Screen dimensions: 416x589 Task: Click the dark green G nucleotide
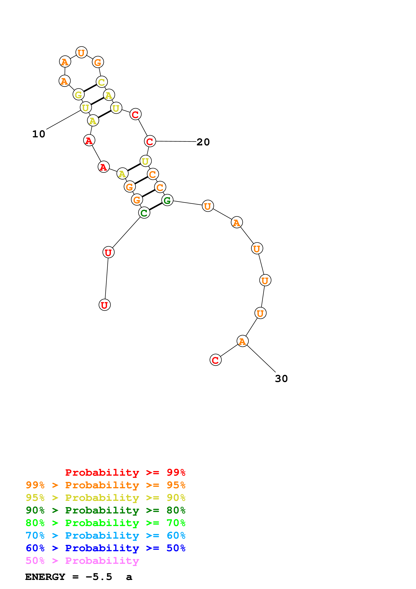pos(167,200)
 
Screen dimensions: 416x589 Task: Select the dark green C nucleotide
pos(144,213)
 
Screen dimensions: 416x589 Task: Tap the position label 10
pos(39,134)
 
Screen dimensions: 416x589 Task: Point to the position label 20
pos(203,142)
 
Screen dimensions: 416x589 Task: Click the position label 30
pos(281,379)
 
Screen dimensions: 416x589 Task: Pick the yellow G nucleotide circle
pos(78,95)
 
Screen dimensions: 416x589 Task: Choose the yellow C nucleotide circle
pos(102,82)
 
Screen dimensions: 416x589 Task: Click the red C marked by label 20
pos(150,141)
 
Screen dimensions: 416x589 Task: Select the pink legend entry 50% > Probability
pos(82,561)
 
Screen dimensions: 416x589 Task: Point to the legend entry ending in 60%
pos(105,536)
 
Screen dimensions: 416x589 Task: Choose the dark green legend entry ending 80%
pos(105,510)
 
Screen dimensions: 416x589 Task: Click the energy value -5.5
pos(99,577)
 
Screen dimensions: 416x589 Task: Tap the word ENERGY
pos(45,577)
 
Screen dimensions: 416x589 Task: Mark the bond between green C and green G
pos(156,207)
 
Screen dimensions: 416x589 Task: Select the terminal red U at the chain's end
pos(105,305)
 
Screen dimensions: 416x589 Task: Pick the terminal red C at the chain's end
pos(216,360)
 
